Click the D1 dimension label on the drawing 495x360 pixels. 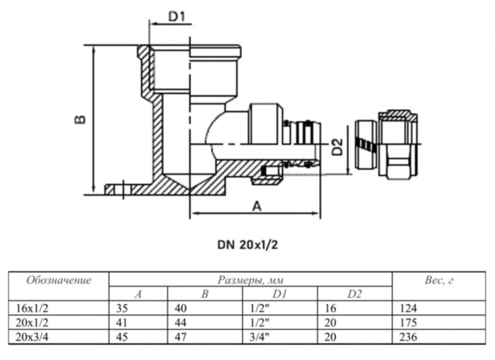(x=177, y=16)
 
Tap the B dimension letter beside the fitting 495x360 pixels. (x=80, y=120)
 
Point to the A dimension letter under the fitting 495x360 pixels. (x=257, y=207)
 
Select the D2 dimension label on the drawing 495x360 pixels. (x=337, y=147)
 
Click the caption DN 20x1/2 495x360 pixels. (x=248, y=245)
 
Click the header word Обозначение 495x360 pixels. (x=59, y=280)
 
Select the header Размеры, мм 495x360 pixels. (x=250, y=280)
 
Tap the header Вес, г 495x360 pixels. (x=439, y=280)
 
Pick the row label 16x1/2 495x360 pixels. (x=33, y=308)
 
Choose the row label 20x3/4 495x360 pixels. (x=33, y=337)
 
